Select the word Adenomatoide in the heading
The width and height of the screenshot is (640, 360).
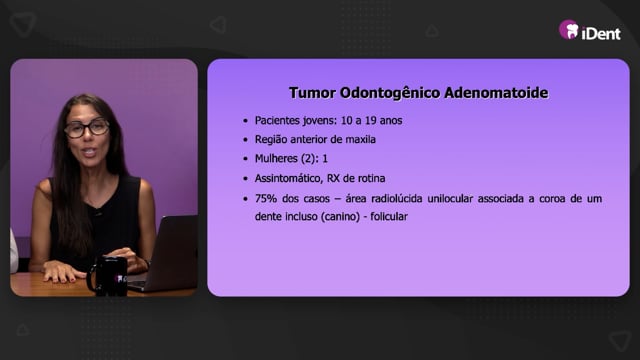(496, 93)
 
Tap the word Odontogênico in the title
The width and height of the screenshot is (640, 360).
(390, 93)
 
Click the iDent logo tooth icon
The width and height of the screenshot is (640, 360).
(569, 30)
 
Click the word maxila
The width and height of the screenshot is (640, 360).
(360, 140)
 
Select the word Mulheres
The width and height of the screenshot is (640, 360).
(276, 158)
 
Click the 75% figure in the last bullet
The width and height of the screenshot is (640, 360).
(265, 199)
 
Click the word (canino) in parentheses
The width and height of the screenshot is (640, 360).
(340, 217)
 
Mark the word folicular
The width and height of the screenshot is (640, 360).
(389, 216)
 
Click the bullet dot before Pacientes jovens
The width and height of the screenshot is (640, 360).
(245, 121)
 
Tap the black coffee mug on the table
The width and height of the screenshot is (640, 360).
(108, 276)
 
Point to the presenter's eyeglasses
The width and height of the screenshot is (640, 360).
(87, 128)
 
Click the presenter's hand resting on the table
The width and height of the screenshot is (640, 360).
(59, 272)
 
